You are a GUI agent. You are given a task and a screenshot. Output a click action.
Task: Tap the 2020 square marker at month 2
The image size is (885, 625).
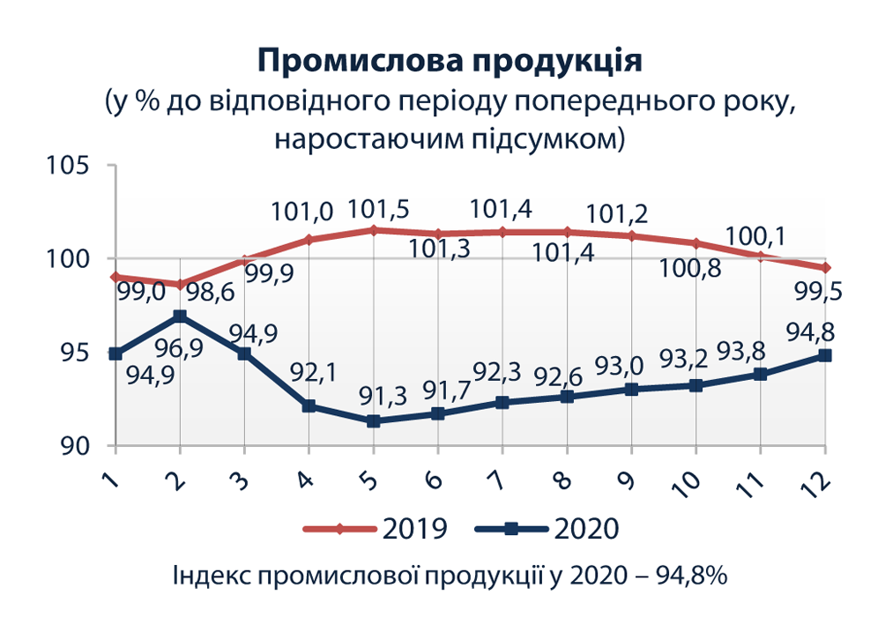coord(180,316)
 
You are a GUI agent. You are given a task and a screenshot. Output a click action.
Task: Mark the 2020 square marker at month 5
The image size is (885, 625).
coord(373,421)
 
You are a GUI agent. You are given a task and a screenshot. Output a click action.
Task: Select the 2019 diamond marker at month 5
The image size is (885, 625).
coord(373,230)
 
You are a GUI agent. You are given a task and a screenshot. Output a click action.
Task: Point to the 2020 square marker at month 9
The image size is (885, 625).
coord(631,389)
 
